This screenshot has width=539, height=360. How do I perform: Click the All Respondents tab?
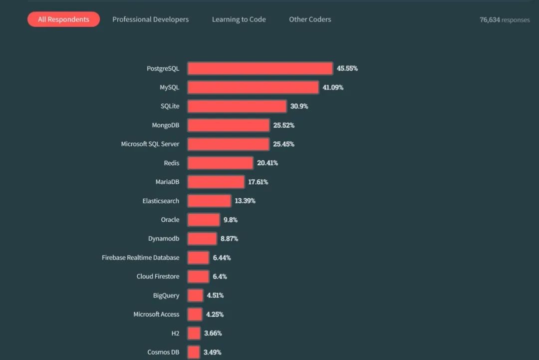point(63,19)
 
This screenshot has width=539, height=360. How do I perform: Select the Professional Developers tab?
point(150,19)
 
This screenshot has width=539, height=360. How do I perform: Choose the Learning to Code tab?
point(239,19)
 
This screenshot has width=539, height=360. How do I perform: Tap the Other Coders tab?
point(310,19)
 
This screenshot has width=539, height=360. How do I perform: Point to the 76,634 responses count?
point(505,20)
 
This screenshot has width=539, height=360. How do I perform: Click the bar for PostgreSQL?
point(260,68)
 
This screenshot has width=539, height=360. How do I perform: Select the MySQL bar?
point(253,87)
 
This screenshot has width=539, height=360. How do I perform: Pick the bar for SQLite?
point(237,106)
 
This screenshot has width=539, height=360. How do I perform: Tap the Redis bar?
point(220,163)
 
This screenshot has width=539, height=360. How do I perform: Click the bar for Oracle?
point(204,220)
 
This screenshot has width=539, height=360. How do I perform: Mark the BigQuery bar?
point(195,296)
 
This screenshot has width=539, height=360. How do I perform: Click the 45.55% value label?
point(347,68)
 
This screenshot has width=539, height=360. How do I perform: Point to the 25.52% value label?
point(283,125)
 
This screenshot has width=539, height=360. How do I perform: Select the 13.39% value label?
point(245,201)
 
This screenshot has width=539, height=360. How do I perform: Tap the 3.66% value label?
point(213,333)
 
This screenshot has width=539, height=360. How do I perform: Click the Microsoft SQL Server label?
point(150,144)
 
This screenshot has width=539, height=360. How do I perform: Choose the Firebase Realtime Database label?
point(140,258)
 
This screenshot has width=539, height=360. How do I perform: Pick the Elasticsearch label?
point(161,201)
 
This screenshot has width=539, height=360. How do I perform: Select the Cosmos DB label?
point(163,352)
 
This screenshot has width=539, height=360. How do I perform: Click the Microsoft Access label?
point(156,315)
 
